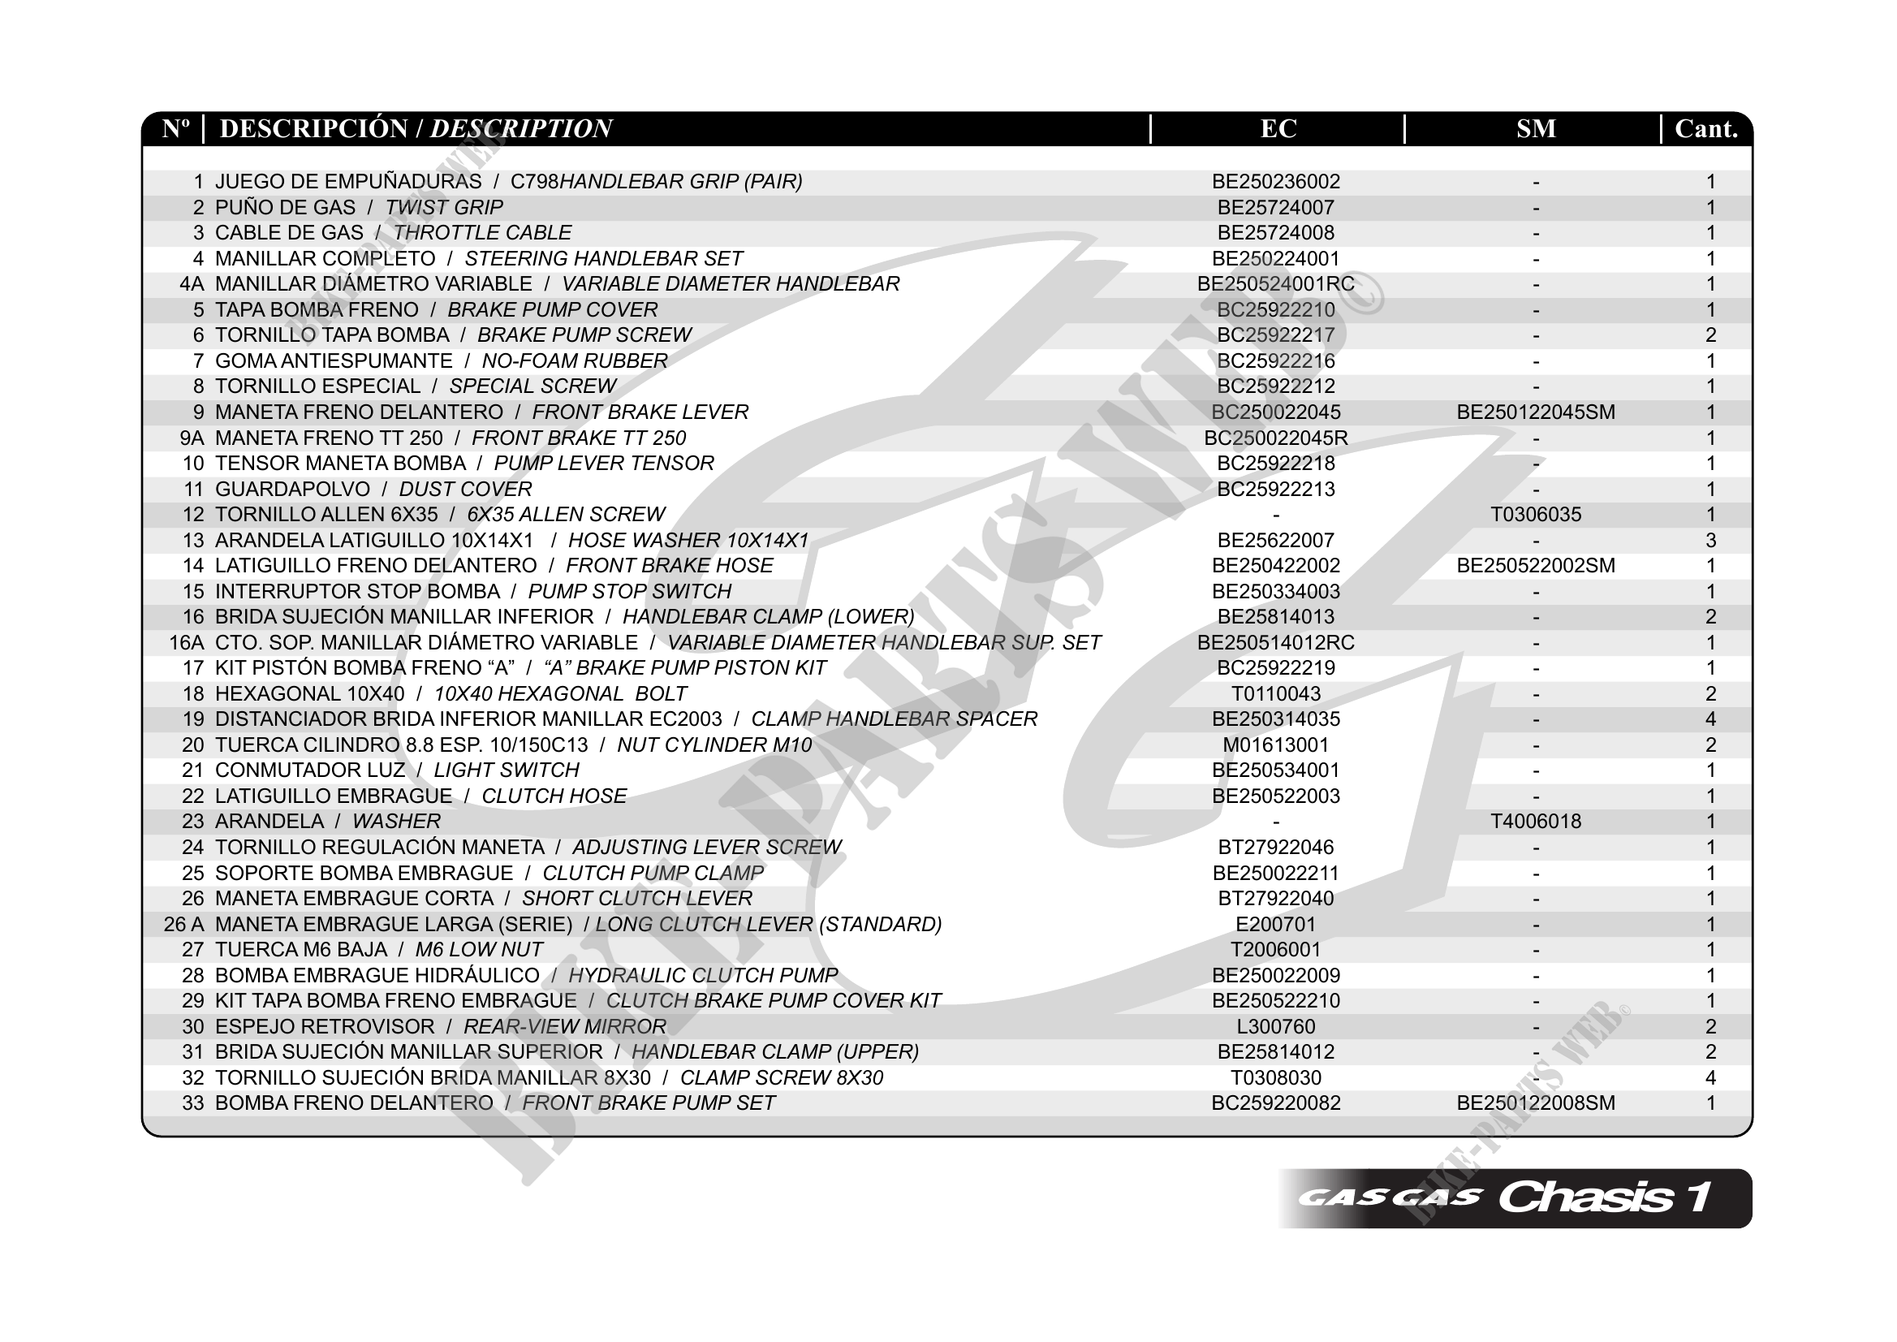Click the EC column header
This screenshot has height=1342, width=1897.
[x=1278, y=129]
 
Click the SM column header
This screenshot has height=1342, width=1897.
[x=1536, y=129]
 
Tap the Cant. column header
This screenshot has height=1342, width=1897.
[x=1706, y=129]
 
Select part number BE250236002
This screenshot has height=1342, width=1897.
[x=1276, y=182]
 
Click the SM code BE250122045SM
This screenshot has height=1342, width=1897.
[x=1535, y=412]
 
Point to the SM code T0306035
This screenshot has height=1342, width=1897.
[x=1535, y=515]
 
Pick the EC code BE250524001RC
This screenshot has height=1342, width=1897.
[x=1276, y=284]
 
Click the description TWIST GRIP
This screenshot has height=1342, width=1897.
[x=444, y=207]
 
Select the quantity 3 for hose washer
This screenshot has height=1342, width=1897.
[x=1710, y=541]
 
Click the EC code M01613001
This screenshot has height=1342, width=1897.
[x=1276, y=745]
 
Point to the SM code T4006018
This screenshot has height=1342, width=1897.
[x=1535, y=822]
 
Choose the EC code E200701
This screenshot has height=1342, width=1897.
[x=1276, y=924]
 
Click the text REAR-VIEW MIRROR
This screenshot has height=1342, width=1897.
[x=564, y=1026]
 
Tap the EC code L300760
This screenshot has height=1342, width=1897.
[x=1276, y=1026]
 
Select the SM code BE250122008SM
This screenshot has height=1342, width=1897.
[x=1535, y=1103]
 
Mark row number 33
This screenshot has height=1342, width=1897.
[x=192, y=1103]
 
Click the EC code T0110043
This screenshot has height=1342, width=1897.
[x=1276, y=694]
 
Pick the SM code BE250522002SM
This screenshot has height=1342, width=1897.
[x=1535, y=566]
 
